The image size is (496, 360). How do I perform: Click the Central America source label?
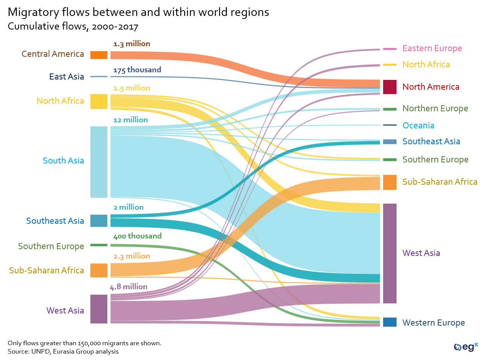click(53, 54)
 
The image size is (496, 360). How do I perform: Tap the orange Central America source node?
click(99, 55)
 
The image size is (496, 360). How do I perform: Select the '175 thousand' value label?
click(137, 70)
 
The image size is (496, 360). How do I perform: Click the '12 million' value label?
click(130, 120)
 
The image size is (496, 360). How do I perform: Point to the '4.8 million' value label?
click(128, 287)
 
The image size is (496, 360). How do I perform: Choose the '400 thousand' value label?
click(137, 236)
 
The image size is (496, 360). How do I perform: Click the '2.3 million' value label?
click(131, 256)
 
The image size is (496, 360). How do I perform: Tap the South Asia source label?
click(63, 161)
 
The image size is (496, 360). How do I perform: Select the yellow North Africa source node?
click(99, 101)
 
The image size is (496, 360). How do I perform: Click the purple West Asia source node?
click(99, 309)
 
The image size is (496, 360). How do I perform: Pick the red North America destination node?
click(390, 87)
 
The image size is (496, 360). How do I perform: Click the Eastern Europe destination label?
click(432, 48)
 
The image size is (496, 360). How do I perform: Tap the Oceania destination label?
click(418, 125)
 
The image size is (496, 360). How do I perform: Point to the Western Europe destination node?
click(390, 322)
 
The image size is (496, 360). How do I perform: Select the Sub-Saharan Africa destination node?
click(390, 182)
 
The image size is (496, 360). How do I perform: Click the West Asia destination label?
click(421, 253)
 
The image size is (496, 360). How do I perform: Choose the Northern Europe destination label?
click(435, 109)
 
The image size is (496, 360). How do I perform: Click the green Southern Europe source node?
click(99, 245)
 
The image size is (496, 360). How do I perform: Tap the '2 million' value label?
click(128, 207)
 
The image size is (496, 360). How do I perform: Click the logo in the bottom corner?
click(466, 347)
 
